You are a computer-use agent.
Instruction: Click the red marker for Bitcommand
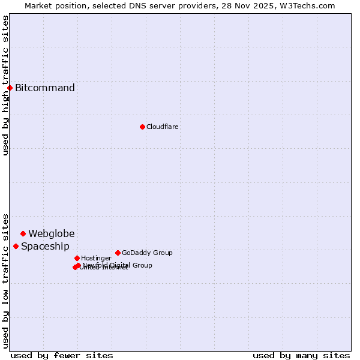click(10, 88)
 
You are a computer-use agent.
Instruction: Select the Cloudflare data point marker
click(142, 127)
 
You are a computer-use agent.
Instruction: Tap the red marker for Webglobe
click(23, 233)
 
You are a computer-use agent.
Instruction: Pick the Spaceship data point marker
click(16, 246)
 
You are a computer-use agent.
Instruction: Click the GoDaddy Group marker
click(118, 253)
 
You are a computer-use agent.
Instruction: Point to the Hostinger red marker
click(77, 258)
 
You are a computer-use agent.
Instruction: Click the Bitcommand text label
click(45, 88)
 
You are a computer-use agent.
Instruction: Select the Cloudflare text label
click(163, 127)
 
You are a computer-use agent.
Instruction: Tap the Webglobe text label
click(52, 233)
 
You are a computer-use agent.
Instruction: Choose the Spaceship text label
click(46, 246)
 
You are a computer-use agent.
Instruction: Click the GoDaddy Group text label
click(147, 253)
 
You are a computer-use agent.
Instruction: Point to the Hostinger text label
click(97, 258)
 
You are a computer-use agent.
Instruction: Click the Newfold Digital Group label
click(118, 265)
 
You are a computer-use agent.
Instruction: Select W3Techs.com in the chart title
click(307, 5)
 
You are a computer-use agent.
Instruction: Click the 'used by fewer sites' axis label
click(62, 355)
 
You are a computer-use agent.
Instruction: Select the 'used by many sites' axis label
click(301, 355)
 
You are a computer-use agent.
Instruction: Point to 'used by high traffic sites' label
click(5, 85)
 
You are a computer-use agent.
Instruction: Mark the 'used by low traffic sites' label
click(5, 281)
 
